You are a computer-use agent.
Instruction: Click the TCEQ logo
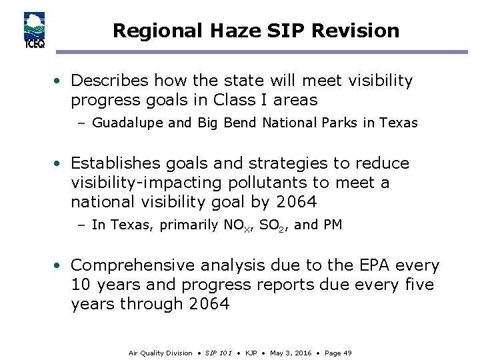(x=34, y=31)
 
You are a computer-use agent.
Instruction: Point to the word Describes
(x=110, y=81)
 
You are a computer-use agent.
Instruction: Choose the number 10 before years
(x=80, y=285)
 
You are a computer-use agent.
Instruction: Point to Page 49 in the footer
(x=338, y=353)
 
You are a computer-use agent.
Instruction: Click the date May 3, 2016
(x=291, y=353)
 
